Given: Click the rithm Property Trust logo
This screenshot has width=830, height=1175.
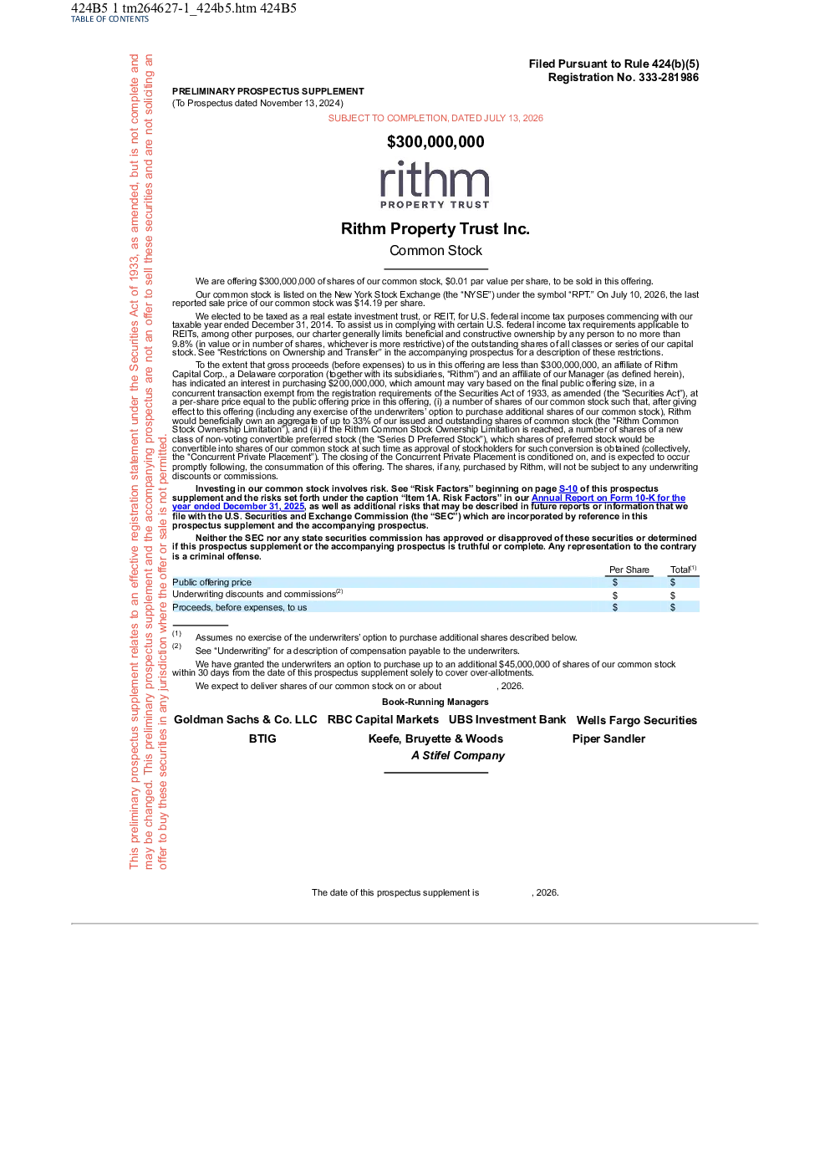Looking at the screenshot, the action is tap(435, 185).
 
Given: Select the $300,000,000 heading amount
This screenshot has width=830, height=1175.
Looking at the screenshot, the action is tap(435, 141).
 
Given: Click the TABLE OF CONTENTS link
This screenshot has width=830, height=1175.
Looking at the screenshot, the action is tap(109, 19).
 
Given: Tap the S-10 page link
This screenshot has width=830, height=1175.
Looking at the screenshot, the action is tap(568, 488).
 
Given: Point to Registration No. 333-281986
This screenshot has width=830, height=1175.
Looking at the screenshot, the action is tap(624, 77).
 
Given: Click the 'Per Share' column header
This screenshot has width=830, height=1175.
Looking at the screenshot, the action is tap(629, 570).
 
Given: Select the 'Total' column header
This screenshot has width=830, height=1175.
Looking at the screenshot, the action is tap(683, 570).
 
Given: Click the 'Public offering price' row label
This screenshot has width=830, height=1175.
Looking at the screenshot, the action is tap(211, 582).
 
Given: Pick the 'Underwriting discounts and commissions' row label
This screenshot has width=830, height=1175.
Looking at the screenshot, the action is tap(257, 594).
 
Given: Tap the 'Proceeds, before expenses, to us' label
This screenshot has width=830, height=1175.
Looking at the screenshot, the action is tap(240, 607).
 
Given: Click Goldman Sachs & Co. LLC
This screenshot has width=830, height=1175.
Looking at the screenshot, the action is tap(246, 720).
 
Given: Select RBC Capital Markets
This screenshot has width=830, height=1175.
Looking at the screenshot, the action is tap(383, 720).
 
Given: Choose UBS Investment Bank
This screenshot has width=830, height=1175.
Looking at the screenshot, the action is tap(507, 720).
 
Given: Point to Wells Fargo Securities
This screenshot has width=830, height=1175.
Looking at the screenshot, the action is tap(637, 720).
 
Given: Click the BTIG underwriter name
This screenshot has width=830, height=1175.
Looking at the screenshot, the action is tap(262, 738).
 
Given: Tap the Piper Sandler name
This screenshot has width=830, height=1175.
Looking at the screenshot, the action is tap(608, 738).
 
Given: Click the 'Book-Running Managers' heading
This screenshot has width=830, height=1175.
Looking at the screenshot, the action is tap(435, 702).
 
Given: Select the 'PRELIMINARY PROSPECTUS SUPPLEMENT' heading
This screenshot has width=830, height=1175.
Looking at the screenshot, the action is tap(268, 91).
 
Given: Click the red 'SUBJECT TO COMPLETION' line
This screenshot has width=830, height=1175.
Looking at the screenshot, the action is tap(435, 118).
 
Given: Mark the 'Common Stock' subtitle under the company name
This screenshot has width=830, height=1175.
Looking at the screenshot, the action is tap(435, 251).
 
